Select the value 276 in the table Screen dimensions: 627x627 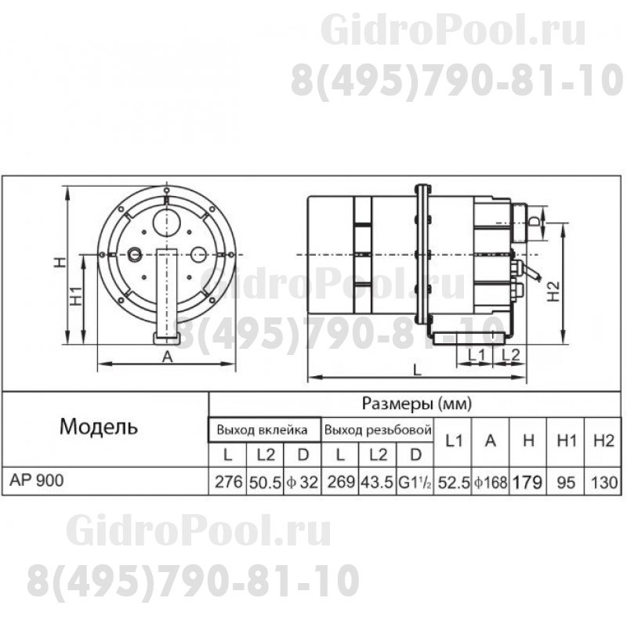click(x=227, y=483)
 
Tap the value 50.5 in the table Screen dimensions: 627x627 click(x=263, y=483)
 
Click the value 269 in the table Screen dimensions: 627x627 click(x=339, y=483)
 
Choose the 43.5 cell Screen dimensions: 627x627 click(x=377, y=483)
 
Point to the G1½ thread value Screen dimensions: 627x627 click(x=415, y=483)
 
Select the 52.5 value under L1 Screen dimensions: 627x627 click(x=452, y=483)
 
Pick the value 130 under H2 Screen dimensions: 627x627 click(x=603, y=483)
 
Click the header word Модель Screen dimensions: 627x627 click(x=99, y=428)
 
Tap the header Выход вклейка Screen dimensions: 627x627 click(x=263, y=430)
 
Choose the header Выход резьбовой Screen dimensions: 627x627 click(x=379, y=430)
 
